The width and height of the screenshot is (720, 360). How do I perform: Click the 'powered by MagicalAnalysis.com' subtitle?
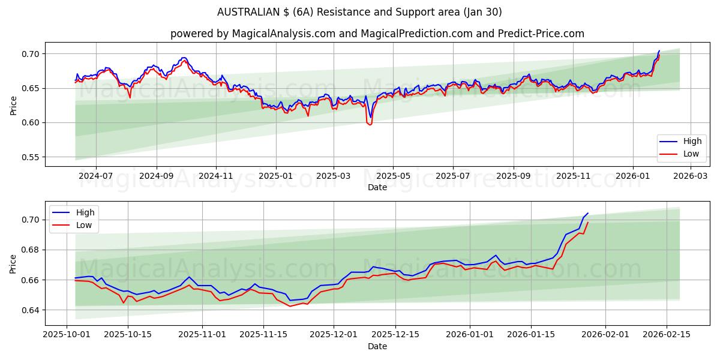tap(377, 34)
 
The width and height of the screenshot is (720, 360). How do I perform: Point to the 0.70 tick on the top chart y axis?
tap(31, 54)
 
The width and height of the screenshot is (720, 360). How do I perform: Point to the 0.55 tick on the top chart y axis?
tap(31, 157)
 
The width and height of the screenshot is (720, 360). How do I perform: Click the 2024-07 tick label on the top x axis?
tap(96, 177)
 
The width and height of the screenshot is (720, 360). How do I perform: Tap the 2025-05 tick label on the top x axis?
tap(393, 177)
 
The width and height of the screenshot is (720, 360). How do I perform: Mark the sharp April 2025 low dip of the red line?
tap(370, 124)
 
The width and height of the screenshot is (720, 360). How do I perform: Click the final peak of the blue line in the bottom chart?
tap(587, 214)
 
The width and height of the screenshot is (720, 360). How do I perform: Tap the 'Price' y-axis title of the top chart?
tap(13, 105)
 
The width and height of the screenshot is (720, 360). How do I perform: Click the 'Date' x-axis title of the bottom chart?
tap(377, 347)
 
